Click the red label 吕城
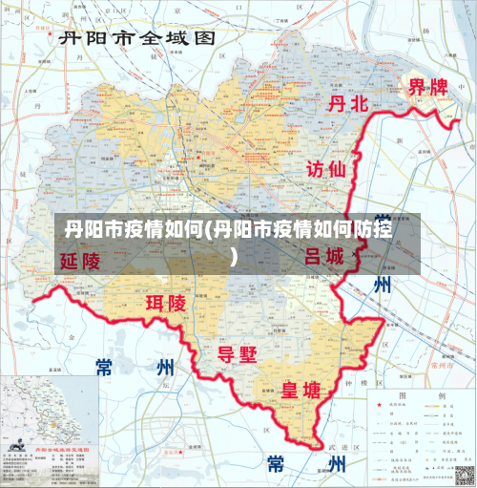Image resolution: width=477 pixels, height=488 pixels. point(324,256)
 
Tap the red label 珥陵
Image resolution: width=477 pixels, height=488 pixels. point(165,304)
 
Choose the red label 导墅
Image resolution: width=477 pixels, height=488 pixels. point(238,354)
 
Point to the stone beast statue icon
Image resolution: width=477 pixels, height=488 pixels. point(17,440)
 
